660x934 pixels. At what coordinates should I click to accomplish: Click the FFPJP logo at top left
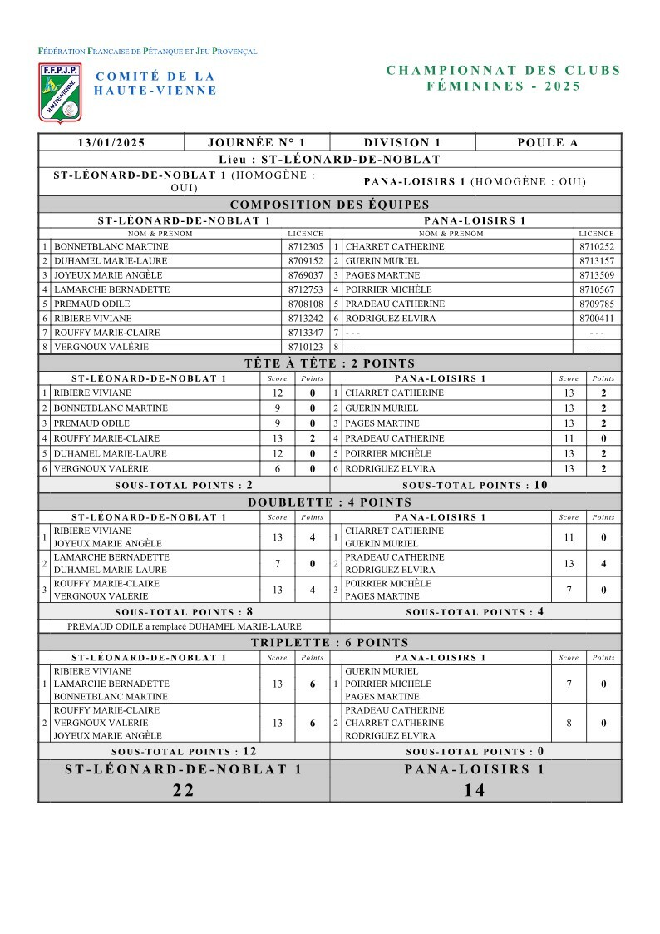[x=60, y=91]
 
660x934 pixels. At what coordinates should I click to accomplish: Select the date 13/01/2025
[x=111, y=143]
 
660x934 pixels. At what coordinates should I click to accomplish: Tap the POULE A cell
[x=548, y=143]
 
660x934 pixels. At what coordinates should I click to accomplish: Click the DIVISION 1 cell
[x=402, y=143]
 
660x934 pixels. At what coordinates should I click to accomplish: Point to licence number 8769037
[x=305, y=275]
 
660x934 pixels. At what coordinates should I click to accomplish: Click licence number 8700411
[x=596, y=319]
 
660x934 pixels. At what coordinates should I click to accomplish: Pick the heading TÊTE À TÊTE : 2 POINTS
[x=330, y=363]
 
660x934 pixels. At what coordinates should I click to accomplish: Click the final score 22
[x=184, y=790]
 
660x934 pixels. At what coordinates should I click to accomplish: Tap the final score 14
[x=475, y=790]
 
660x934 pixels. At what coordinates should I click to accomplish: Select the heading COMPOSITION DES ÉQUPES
[x=330, y=205]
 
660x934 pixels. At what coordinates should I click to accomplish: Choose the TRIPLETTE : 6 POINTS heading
[x=330, y=642]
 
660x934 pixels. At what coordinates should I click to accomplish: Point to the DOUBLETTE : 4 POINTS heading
[x=330, y=502]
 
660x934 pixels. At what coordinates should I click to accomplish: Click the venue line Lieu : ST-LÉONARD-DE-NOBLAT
[x=330, y=160]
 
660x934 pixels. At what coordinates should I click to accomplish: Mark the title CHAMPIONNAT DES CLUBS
[x=504, y=71]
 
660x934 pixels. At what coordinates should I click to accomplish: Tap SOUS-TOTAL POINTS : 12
[x=184, y=751]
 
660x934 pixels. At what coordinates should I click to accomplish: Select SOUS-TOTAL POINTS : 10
[x=475, y=486]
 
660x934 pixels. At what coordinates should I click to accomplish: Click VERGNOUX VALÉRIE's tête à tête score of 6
[x=278, y=469]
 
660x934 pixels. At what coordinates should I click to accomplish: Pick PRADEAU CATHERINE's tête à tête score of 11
[x=569, y=438]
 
